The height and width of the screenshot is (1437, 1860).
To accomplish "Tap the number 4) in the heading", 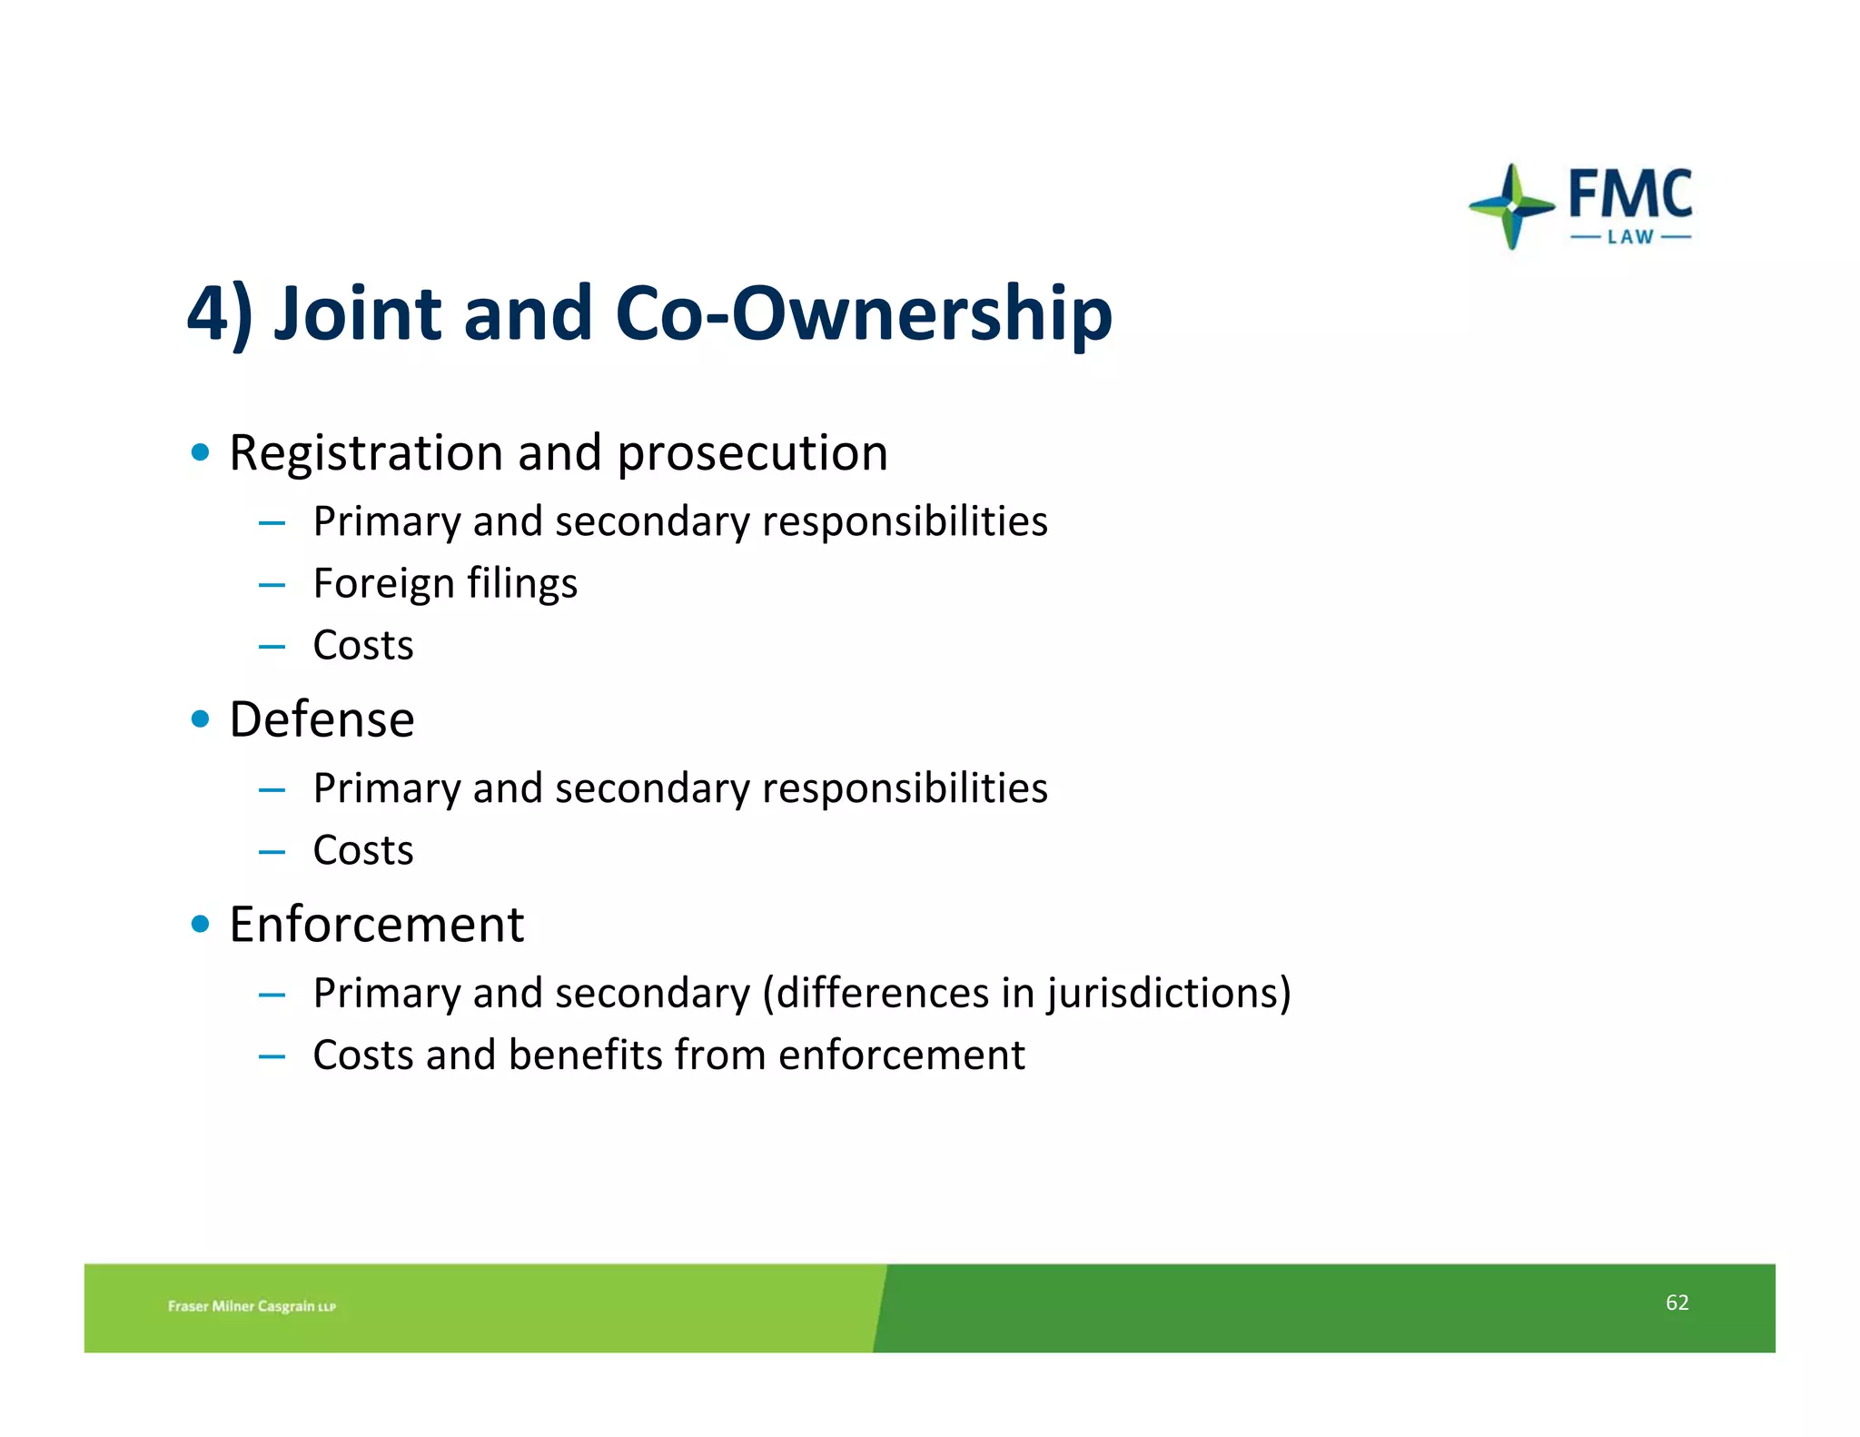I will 219,313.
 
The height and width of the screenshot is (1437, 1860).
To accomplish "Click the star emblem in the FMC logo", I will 1511,207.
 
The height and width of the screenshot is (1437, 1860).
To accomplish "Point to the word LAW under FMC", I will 1630,237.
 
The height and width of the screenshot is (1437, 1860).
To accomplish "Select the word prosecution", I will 752,453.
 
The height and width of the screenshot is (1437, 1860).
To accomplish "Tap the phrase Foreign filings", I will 445,584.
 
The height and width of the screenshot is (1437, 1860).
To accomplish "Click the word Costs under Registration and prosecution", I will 363,646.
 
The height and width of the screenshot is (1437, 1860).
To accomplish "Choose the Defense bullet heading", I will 322,720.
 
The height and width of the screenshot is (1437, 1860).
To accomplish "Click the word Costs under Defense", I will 363,851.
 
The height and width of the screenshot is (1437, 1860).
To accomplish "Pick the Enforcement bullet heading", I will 376,925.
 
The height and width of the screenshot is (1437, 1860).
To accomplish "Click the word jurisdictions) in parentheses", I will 1168,993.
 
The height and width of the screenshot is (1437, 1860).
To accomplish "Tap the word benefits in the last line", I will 586,1055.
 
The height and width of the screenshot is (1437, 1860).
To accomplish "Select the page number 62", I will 1677,1303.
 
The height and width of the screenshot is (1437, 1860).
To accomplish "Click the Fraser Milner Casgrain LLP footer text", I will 252,1306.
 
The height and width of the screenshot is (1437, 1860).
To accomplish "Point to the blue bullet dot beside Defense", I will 201,720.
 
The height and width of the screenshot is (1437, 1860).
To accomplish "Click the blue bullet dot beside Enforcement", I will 201,926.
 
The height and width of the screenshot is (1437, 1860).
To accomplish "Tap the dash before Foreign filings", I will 272,586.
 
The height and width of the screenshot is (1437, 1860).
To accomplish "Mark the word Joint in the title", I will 357,313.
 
